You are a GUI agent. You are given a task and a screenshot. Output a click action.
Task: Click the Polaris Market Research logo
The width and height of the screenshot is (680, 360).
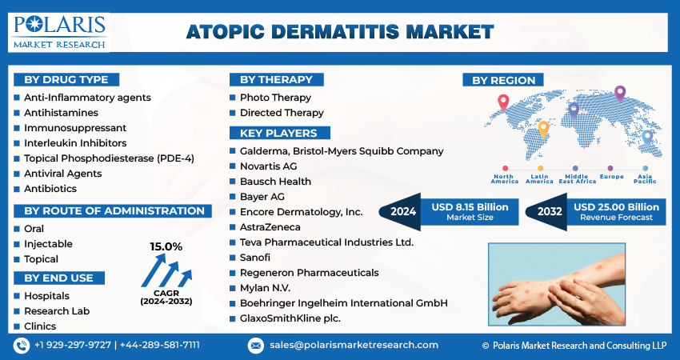pyautogui.click(x=58, y=33)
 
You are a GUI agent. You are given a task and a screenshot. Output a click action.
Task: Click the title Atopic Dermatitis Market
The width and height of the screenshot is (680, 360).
pyautogui.click(x=340, y=32)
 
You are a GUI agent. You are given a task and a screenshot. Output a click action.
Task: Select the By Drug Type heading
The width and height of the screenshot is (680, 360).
pyautogui.click(x=66, y=80)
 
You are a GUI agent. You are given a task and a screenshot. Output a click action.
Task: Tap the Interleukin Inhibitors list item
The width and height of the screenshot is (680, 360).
pyautogui.click(x=75, y=143)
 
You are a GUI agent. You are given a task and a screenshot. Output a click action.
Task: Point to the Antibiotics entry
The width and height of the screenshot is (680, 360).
pyautogui.click(x=50, y=189)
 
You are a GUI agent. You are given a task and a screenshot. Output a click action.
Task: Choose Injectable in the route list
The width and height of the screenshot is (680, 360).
pyautogui.click(x=48, y=244)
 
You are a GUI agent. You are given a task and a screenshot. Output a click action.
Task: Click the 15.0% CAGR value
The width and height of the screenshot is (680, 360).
pyautogui.click(x=166, y=246)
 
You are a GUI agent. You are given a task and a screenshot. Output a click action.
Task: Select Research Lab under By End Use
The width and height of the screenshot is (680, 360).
pyautogui.click(x=57, y=311)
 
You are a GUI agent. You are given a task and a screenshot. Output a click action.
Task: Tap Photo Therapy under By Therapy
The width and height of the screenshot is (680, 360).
pyautogui.click(x=275, y=98)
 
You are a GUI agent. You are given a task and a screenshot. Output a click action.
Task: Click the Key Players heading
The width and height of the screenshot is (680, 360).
pyautogui.click(x=280, y=133)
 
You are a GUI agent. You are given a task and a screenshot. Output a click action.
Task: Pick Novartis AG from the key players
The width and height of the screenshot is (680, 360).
pyautogui.click(x=269, y=166)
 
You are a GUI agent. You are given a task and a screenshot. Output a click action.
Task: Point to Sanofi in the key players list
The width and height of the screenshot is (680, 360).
pyautogui.click(x=255, y=258)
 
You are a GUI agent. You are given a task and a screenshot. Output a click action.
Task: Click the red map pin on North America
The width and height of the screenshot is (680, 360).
pyautogui.click(x=503, y=102)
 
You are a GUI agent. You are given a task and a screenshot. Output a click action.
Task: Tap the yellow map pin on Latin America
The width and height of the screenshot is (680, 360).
pyautogui.click(x=543, y=130)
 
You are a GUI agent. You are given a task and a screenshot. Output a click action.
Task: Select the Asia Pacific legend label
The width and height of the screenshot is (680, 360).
pyautogui.click(x=645, y=178)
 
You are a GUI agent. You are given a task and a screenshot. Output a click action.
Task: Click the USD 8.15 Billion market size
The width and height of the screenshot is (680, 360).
pyautogui.click(x=470, y=207)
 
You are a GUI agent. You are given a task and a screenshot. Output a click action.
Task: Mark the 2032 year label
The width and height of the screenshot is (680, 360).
pyautogui.click(x=550, y=212)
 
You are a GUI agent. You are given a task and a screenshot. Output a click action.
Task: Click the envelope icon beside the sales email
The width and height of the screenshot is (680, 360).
pyautogui.click(x=255, y=346)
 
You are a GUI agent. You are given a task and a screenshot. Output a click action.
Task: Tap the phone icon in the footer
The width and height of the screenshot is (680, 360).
pyautogui.click(x=22, y=346)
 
